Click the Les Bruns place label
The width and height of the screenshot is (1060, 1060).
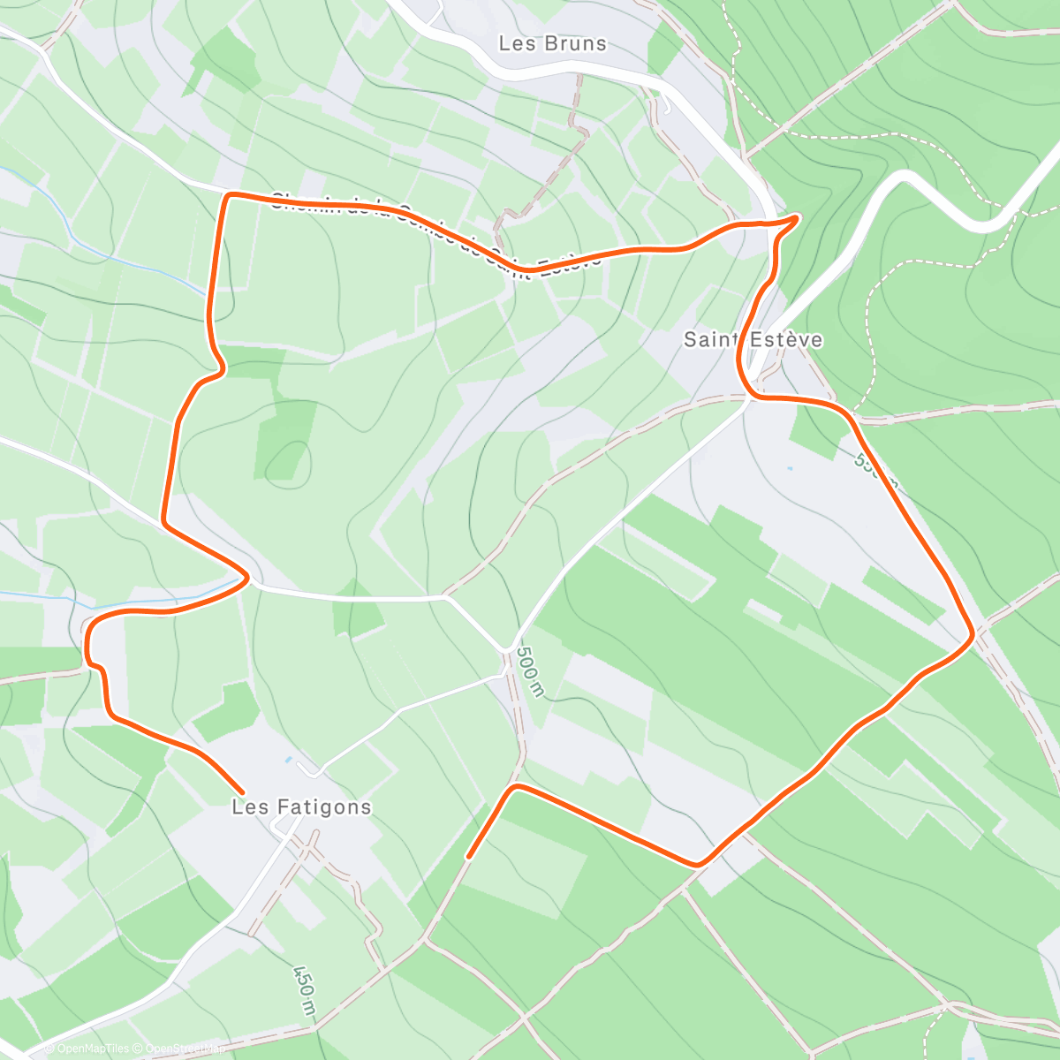click(552, 43)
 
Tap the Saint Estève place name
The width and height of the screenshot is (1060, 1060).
click(753, 339)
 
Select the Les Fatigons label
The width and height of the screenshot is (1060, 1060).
click(301, 806)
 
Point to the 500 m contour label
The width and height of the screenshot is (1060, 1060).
click(528, 674)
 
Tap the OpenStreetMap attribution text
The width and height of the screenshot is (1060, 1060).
click(180, 1049)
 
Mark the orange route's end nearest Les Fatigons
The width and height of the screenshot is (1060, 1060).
click(242, 791)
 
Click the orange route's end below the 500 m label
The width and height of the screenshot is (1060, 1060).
click(468, 857)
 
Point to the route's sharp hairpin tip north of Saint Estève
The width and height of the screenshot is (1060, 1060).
click(798, 216)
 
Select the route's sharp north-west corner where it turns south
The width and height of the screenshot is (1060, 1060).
click(228, 195)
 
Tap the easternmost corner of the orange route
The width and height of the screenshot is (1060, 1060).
click(972, 634)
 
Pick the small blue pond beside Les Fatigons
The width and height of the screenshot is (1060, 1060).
click(288, 759)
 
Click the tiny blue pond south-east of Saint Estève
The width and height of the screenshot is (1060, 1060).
click(789, 468)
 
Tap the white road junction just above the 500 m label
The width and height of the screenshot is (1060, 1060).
click(511, 651)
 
